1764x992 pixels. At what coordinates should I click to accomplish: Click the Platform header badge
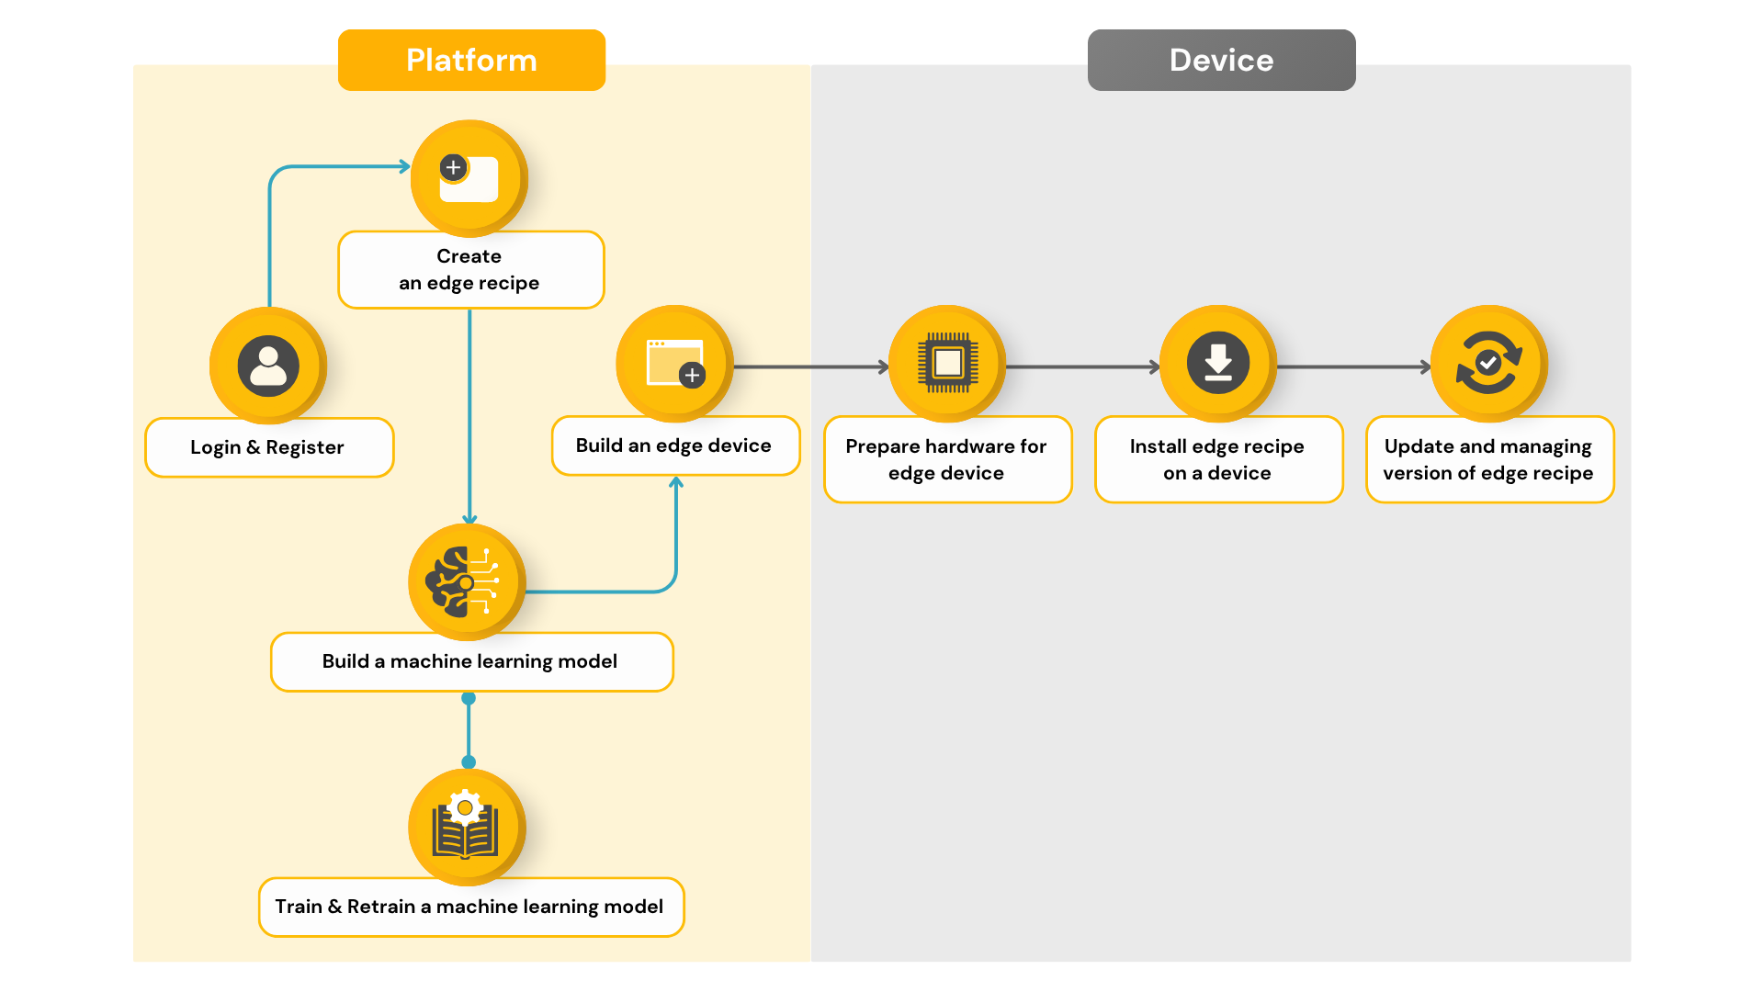click(471, 60)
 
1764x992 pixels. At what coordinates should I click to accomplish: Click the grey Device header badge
click(1221, 60)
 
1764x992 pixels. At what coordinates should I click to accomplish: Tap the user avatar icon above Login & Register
click(268, 366)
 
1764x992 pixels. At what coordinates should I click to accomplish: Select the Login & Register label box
click(269, 447)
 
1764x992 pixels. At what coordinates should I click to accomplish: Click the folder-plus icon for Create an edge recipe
click(469, 178)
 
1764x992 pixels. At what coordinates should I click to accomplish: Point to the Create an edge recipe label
click(470, 269)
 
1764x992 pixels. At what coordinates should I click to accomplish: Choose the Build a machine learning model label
click(471, 661)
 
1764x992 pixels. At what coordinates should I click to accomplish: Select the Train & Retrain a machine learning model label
click(471, 907)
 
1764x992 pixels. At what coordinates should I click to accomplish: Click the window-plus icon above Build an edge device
click(674, 364)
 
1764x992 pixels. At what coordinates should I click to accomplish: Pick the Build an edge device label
click(675, 445)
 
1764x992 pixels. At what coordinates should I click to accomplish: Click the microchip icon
click(947, 364)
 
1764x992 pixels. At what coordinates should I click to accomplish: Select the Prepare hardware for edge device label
click(947, 459)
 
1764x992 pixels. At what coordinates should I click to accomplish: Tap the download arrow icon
click(1218, 364)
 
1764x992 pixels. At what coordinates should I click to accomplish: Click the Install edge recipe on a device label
click(1218, 459)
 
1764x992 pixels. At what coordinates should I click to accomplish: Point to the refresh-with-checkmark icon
click(1489, 364)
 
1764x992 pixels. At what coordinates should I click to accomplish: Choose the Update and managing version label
click(1489, 459)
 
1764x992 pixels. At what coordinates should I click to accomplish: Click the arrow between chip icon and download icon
click(1083, 367)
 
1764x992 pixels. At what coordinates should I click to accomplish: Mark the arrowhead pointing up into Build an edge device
click(676, 482)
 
